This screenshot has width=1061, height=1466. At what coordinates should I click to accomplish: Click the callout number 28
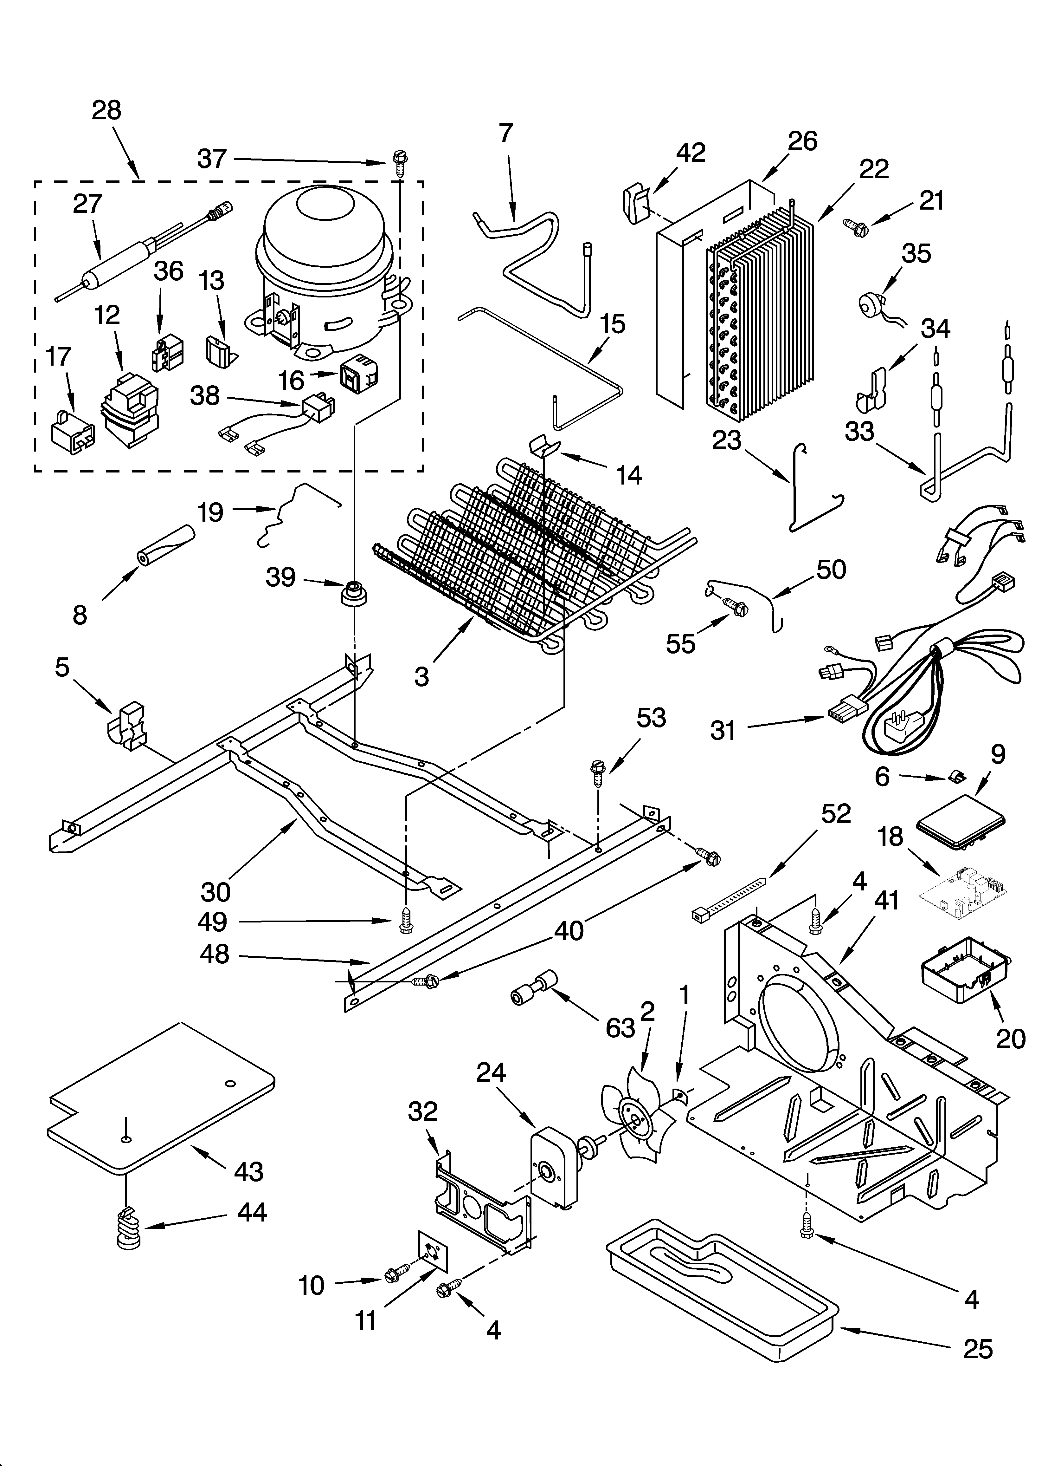[x=106, y=111]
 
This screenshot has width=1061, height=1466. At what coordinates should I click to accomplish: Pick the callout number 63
[x=620, y=1027]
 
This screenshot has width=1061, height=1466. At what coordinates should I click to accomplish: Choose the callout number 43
[x=249, y=1171]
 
